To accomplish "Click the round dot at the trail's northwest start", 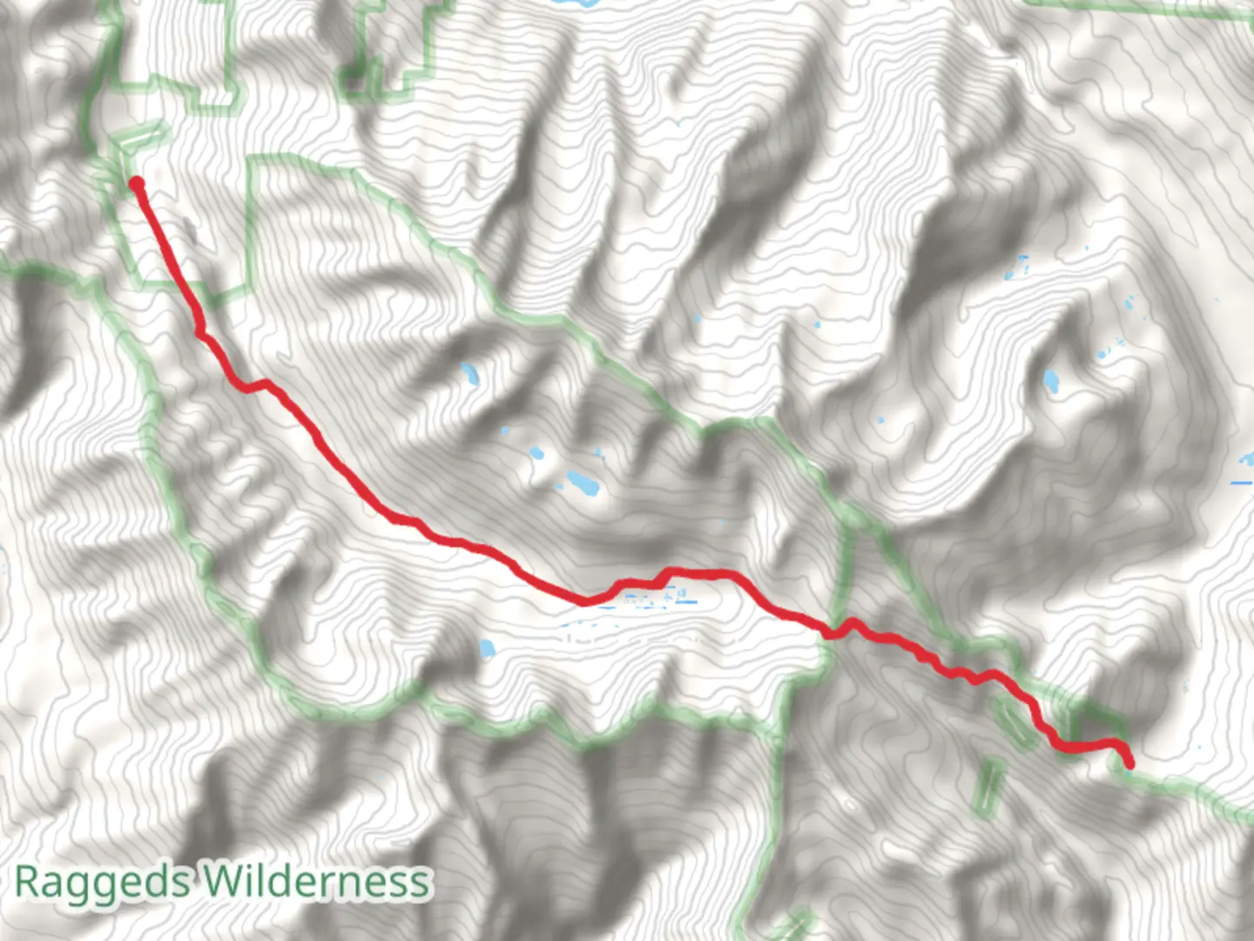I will click(137, 183).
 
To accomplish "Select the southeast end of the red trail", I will click(1129, 764).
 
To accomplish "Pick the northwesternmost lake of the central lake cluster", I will click(470, 375).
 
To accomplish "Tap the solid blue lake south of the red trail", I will click(487, 648).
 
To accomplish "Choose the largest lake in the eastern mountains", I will click(1051, 381).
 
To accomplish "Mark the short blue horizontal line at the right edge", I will click(1241, 482).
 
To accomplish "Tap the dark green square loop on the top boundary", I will click(354, 82).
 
